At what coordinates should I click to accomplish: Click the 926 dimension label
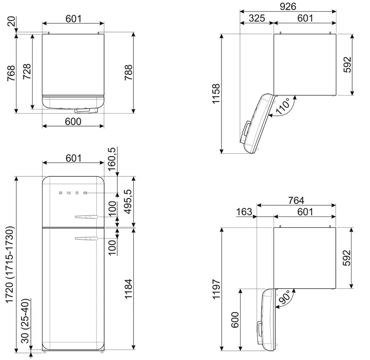288,6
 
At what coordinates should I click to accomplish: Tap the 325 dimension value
257,18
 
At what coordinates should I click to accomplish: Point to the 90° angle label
284,297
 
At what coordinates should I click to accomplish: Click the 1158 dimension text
216,93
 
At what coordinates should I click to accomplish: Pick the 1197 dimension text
216,289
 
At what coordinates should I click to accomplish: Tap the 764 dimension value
296,201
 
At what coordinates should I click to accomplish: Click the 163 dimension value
244,212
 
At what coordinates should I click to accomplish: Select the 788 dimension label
129,72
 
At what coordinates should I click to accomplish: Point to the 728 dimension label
27,71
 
